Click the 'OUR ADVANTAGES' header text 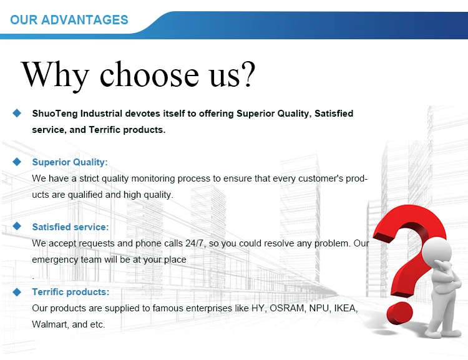point(69,20)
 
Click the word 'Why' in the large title point(55,75)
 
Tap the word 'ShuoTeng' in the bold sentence point(55,114)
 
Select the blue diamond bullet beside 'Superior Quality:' point(17,162)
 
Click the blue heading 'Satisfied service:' point(71,227)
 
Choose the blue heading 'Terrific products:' point(71,291)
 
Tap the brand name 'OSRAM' point(287,308)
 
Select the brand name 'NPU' point(319,308)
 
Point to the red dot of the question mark point(399,313)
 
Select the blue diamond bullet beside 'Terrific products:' point(17,292)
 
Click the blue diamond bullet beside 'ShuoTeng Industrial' point(17,113)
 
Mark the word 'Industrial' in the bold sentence point(101,114)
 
